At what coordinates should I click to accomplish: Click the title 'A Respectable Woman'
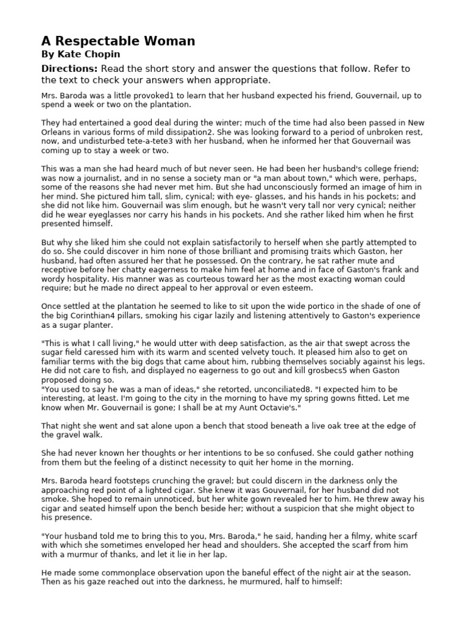[x=118, y=41]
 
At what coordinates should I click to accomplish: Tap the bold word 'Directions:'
[x=69, y=68]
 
